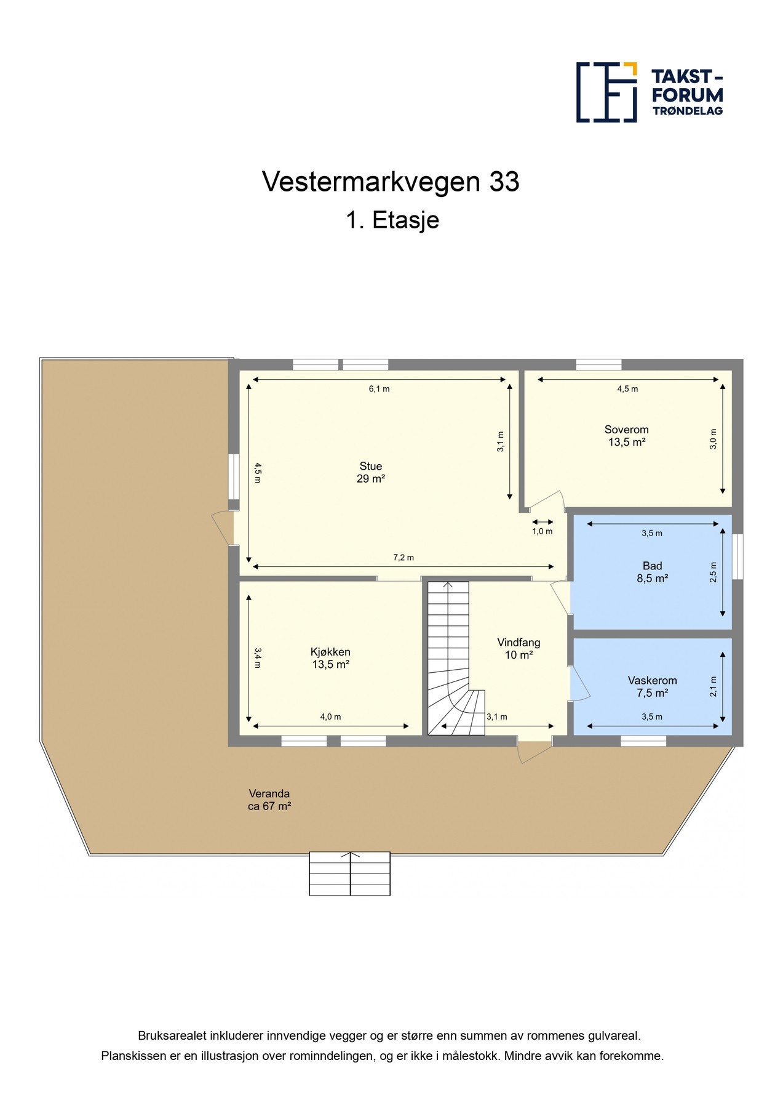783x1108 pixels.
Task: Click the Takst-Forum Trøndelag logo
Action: (649, 92)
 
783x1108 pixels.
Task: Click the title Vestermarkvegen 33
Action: (391, 182)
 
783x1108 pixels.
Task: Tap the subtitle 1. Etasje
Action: (392, 220)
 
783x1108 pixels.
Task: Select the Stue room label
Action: (371, 472)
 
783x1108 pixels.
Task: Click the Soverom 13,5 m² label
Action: (626, 436)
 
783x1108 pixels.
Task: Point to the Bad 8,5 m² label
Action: (652, 572)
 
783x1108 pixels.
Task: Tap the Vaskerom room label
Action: (652, 686)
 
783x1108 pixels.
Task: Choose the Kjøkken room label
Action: (330, 658)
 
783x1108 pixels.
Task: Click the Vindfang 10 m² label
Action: (519, 648)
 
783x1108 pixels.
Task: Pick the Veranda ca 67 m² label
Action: (269, 800)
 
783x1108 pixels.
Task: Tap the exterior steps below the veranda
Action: (349, 873)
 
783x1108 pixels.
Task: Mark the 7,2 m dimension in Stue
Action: (403, 558)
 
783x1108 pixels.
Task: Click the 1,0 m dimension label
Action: (542, 531)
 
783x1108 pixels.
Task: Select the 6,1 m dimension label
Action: (379, 389)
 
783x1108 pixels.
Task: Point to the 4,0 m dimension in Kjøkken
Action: (330, 717)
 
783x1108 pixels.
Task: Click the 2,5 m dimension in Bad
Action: (713, 572)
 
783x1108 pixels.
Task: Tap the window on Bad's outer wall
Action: (738, 556)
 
